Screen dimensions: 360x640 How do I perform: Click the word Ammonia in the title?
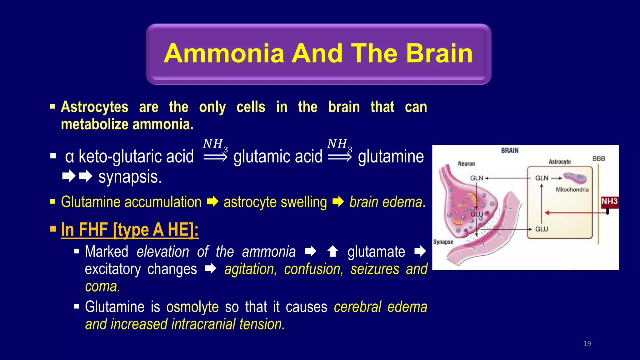pos(224,53)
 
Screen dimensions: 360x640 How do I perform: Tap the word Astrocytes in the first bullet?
pos(94,107)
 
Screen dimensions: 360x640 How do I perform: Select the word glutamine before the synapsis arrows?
pos(391,156)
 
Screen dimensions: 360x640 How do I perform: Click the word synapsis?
pos(130,177)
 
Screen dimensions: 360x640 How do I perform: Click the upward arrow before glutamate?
pos(332,251)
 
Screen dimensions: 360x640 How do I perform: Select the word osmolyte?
pos(192,307)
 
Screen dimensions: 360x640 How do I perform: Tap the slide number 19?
pos(587,344)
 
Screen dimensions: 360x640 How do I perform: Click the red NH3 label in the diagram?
pos(609,202)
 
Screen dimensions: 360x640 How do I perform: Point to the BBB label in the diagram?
pos(598,159)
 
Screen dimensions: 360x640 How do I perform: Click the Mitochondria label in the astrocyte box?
pos(572,190)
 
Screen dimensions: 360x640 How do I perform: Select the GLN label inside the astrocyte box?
pos(542,178)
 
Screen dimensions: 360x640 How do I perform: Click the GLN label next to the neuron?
pos(477,178)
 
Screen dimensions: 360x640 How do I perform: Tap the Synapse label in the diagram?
pos(443,242)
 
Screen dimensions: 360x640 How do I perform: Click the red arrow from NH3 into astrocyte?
pos(575,213)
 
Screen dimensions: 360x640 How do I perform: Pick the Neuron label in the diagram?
pos(466,164)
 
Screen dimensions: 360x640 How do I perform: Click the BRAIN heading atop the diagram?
pos(510,151)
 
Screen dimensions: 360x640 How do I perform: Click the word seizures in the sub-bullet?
pos(375,269)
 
